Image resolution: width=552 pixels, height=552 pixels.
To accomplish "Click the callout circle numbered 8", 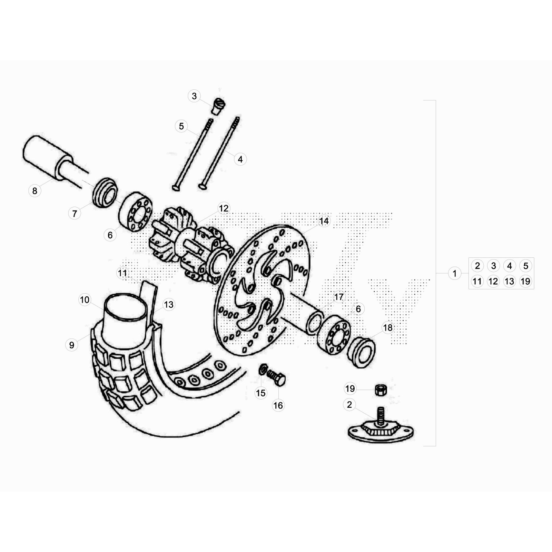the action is pos(34,191).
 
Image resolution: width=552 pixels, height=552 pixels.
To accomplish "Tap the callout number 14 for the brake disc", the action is pos(324,221).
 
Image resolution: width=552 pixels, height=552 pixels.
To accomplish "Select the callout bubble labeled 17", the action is pos(339,297).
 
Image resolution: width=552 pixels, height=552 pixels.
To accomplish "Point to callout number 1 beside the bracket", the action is pos(454,274).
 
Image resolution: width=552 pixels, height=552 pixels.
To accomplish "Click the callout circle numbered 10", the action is pos(85,300).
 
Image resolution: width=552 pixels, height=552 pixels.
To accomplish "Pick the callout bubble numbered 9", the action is pos(71,345).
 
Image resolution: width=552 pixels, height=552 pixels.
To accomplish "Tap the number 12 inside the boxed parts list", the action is pos(493,282).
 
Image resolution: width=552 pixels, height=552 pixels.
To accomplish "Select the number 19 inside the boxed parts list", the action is pos(525,282).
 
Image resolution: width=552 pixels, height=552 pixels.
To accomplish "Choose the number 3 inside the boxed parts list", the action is pos(493,266).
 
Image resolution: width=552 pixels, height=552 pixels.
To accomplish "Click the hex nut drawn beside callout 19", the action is pos(381,390).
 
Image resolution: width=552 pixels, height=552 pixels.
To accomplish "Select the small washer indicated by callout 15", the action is pos(263,370).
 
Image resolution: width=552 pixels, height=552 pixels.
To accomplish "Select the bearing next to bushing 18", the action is pos(334,334).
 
